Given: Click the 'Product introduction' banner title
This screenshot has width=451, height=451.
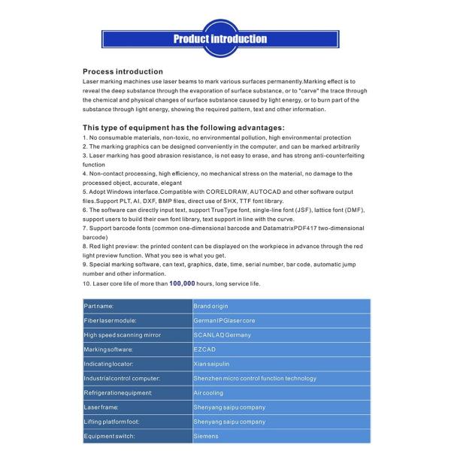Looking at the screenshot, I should point(220,39).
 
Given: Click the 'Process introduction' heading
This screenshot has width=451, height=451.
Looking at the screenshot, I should point(123,71).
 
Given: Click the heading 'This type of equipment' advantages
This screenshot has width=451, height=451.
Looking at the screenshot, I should point(183,128).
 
